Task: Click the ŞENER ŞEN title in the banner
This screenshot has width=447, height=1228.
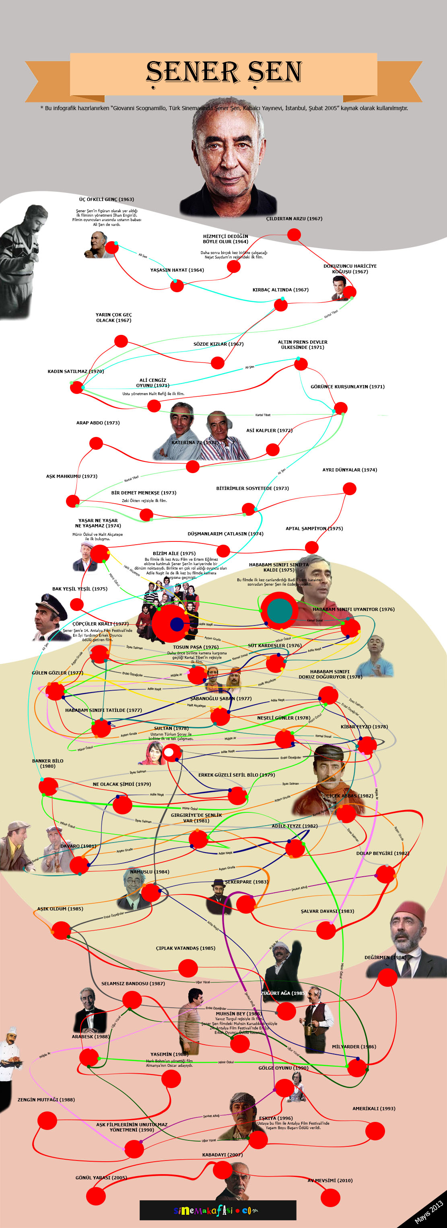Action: click(224, 72)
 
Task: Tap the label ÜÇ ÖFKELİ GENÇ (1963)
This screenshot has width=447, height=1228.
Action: click(106, 199)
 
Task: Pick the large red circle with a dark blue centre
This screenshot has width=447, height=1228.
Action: click(177, 623)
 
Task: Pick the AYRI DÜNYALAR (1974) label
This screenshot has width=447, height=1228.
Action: click(349, 469)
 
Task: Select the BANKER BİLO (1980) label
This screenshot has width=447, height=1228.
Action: click(48, 763)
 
